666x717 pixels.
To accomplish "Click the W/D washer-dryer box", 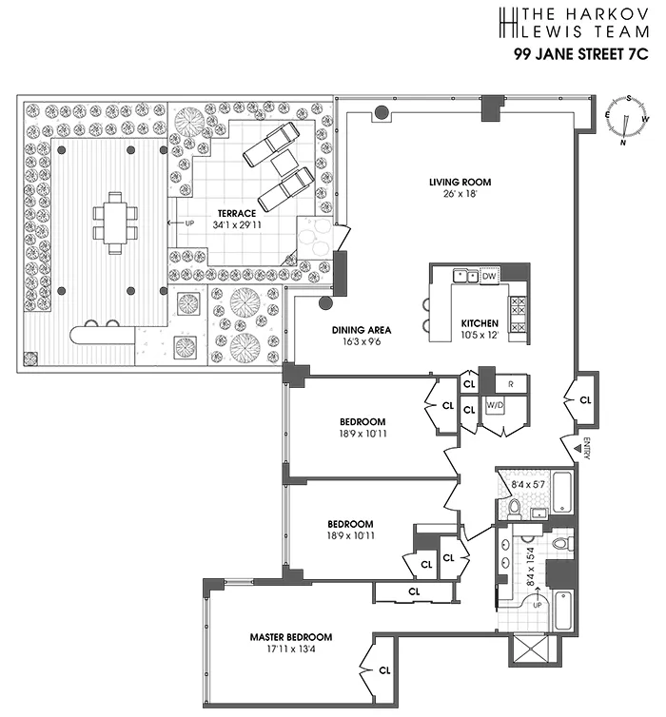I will (x=495, y=405).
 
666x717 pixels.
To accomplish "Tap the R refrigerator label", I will (x=511, y=384).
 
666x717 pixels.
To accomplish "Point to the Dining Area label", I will (x=361, y=330).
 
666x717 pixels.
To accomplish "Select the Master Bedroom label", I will (x=291, y=637).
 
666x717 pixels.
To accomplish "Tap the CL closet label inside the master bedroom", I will (x=384, y=669).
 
